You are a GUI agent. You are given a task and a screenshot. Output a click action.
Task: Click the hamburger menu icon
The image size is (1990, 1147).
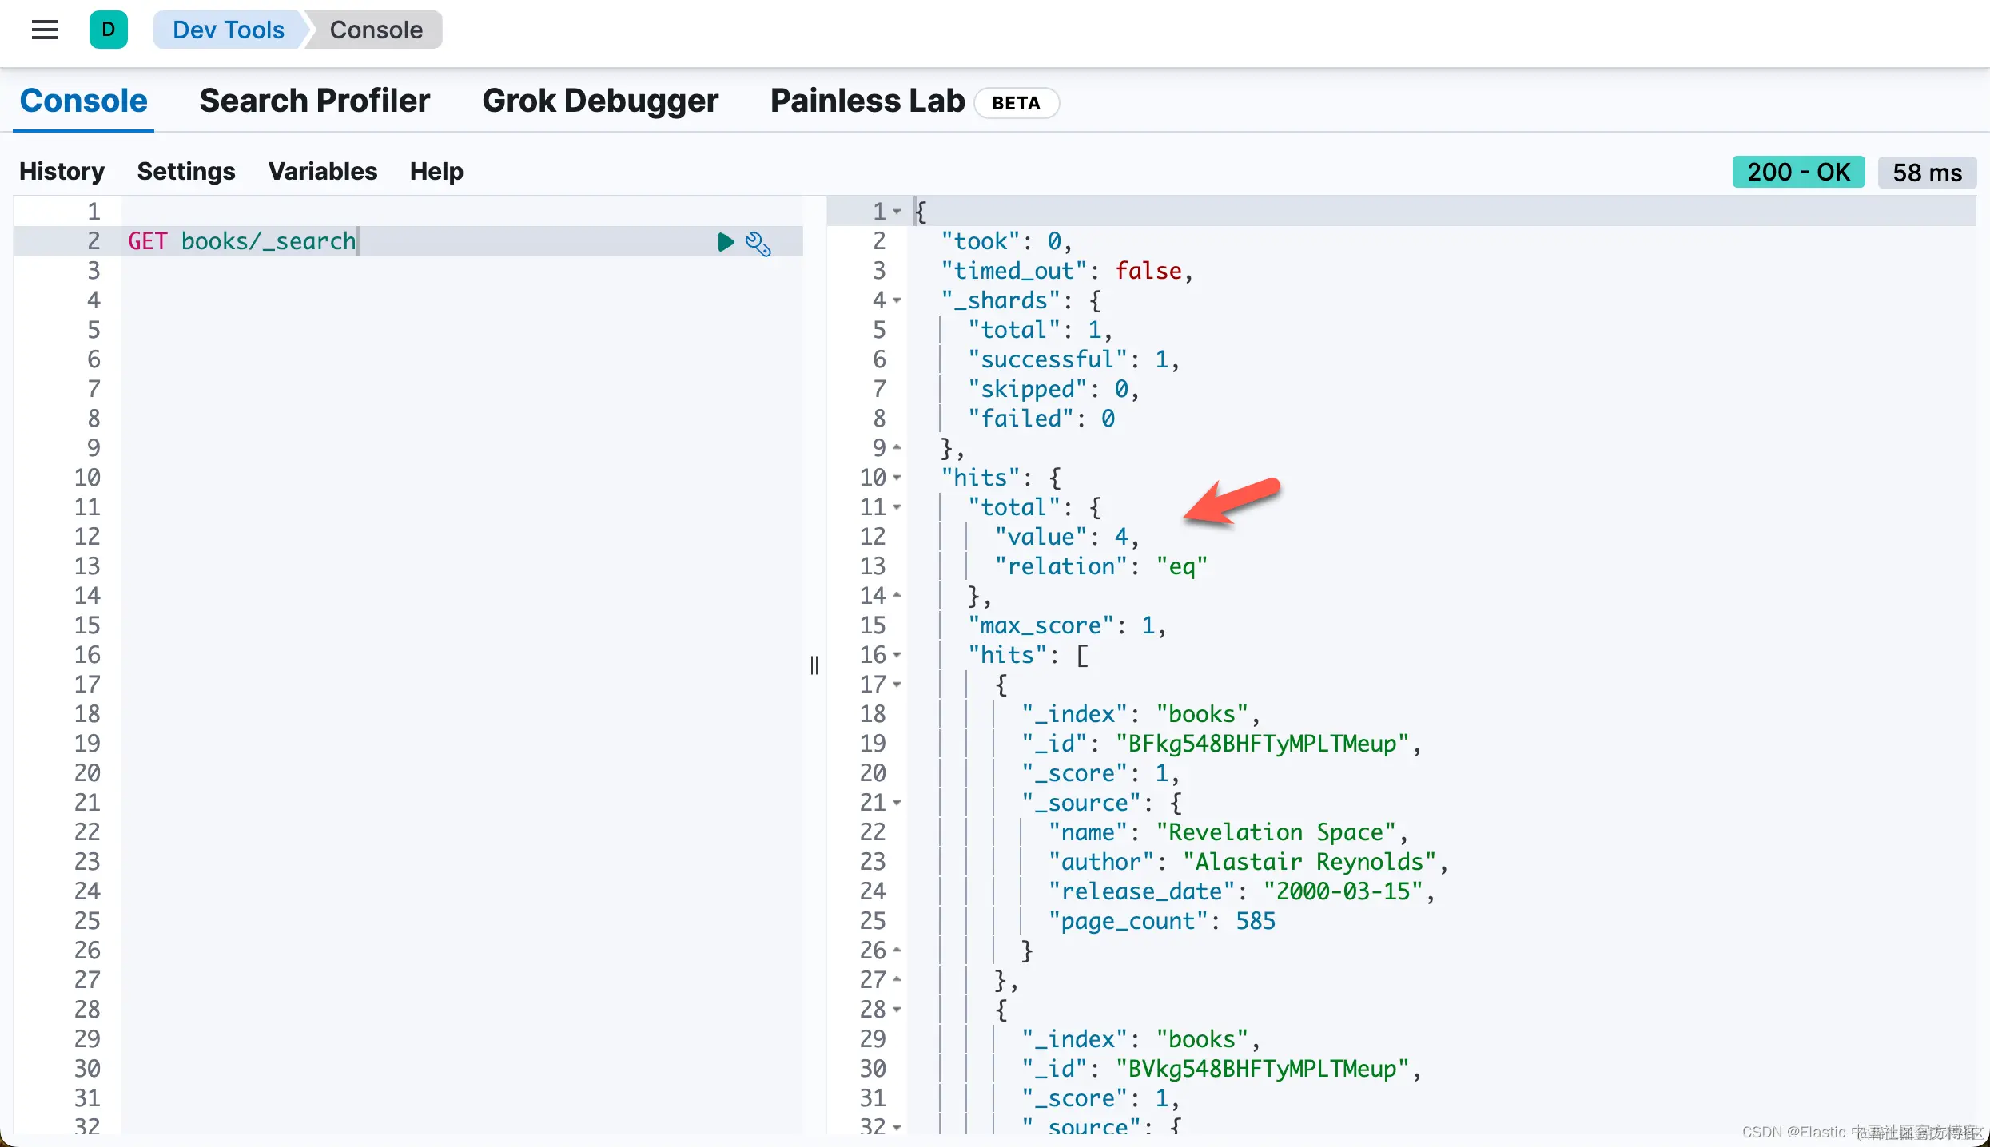pyautogui.click(x=45, y=30)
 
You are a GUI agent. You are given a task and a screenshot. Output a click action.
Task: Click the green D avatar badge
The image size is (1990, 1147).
pyautogui.click(x=109, y=30)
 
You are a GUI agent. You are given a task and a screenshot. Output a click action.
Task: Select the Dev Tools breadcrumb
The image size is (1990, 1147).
pyautogui.click(x=228, y=30)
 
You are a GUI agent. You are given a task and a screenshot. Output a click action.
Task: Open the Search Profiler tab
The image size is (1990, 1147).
pyautogui.click(x=314, y=101)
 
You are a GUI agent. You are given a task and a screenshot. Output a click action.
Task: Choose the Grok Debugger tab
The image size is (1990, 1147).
pyautogui.click(x=600, y=101)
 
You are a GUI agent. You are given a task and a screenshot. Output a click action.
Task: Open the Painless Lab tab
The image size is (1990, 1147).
pyautogui.click(x=867, y=101)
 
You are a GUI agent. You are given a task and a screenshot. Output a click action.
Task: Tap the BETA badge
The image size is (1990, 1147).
pyautogui.click(x=1016, y=103)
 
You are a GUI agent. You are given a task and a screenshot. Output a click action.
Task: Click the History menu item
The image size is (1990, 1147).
pyautogui.click(x=62, y=172)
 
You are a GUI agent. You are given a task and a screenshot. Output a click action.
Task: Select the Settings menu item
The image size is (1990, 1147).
pyautogui.click(x=186, y=172)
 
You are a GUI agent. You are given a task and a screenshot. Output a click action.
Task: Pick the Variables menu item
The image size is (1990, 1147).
pyautogui.click(x=322, y=172)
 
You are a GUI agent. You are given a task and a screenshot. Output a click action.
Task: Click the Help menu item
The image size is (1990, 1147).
pyautogui.click(x=436, y=172)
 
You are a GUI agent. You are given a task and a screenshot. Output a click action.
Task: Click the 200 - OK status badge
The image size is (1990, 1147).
pyautogui.click(x=1798, y=173)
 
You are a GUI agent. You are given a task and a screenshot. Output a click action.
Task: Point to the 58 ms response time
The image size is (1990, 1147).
pyautogui.click(x=1927, y=173)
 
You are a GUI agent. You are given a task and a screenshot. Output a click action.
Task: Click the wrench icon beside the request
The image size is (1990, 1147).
pyautogui.click(x=758, y=243)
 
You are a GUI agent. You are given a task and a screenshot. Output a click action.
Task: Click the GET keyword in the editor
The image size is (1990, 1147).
pyautogui.click(x=148, y=241)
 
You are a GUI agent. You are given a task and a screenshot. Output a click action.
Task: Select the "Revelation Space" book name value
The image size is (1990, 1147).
pyautogui.click(x=1276, y=832)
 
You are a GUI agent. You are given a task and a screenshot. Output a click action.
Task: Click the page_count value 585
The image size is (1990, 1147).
pyautogui.click(x=1256, y=921)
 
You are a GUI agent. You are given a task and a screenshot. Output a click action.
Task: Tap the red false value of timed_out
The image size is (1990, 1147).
pyautogui.click(x=1148, y=271)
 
